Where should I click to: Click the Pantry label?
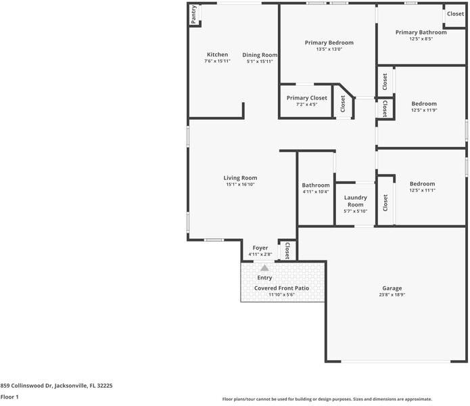[193, 15]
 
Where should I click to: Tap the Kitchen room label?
[217, 55]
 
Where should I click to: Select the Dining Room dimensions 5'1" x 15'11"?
[260, 62]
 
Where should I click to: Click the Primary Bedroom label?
[329, 43]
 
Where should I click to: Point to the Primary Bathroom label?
[421, 32]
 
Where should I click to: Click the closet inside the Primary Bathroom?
[455, 14]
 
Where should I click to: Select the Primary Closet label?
[306, 98]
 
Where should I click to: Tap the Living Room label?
[240, 178]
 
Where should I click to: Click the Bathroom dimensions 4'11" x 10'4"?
[316, 191]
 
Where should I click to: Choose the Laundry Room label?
[355, 201]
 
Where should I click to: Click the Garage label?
[392, 288]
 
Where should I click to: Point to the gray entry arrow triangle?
[264, 268]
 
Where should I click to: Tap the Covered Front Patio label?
[281, 288]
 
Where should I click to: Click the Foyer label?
[260, 248]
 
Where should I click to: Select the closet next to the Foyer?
[287, 251]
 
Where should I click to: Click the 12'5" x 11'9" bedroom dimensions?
[423, 110]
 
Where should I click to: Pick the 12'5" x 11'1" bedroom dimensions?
[422, 190]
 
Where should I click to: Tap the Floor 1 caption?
[9, 397]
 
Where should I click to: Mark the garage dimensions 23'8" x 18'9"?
[392, 295]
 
